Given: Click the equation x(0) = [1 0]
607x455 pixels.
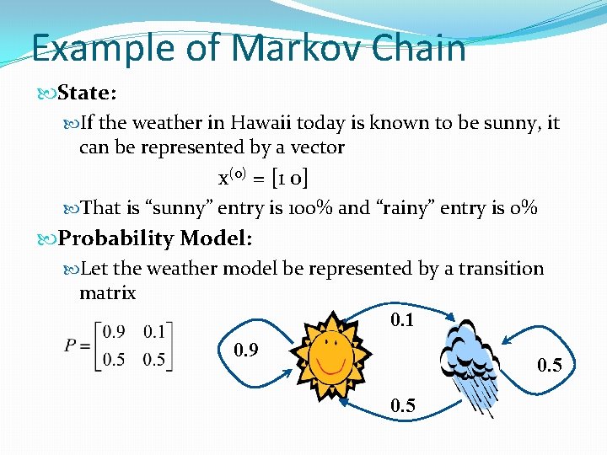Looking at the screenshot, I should [x=262, y=179].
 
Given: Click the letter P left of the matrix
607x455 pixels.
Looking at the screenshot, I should [x=72, y=345].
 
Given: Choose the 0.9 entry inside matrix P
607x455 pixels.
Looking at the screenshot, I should [x=114, y=331].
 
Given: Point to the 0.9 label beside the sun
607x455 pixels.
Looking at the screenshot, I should [x=245, y=350].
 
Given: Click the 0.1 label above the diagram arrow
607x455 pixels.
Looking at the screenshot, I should [x=403, y=320].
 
